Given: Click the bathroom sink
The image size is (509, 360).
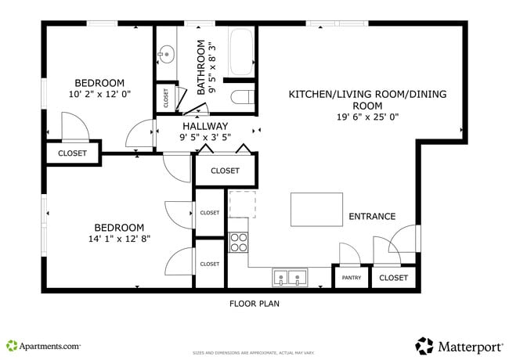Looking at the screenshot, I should pyautogui.click(x=165, y=55).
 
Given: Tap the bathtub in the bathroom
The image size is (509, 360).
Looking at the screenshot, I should pyautogui.click(x=241, y=52).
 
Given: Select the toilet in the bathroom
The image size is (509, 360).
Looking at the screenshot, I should pyautogui.click(x=244, y=97).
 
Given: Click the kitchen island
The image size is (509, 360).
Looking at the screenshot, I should pyautogui.click(x=316, y=209).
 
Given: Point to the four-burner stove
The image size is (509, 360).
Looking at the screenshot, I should pyautogui.click(x=239, y=242).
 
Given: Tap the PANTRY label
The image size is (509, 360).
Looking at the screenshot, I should pyautogui.click(x=352, y=278).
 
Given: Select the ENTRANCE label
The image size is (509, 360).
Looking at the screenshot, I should pyautogui.click(x=372, y=216).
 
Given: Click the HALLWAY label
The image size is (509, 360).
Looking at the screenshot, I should pyautogui.click(x=205, y=126).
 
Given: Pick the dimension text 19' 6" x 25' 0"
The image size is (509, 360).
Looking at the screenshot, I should pyautogui.click(x=368, y=117).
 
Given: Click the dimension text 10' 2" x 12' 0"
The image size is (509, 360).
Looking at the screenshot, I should pyautogui.click(x=99, y=95).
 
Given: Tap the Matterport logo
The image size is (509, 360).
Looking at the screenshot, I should pyautogui.click(x=458, y=345).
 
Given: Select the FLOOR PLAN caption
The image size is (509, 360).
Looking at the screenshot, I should pyautogui.click(x=254, y=303).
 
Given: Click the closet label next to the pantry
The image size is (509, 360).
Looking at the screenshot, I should pyautogui.click(x=393, y=278).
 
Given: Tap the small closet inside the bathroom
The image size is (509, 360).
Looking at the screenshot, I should pyautogui.click(x=166, y=98).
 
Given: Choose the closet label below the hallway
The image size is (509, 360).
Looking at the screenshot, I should pyautogui.click(x=225, y=170).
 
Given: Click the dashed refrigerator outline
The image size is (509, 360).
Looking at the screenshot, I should pyautogui.click(x=242, y=203).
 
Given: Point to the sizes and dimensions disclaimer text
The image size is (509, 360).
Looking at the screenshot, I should pyautogui.click(x=254, y=353).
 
